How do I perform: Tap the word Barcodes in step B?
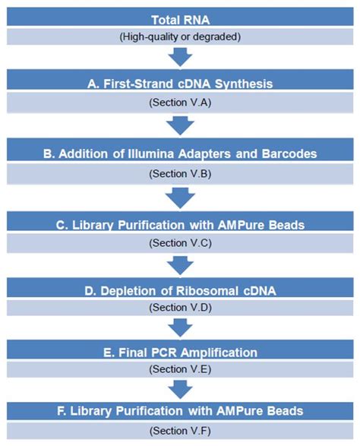287,153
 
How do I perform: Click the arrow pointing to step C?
180,196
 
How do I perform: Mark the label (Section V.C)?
180,244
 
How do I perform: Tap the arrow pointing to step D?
180,266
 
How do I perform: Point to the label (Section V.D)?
180,308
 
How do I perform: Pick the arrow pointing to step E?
180,327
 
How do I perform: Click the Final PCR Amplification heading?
180,352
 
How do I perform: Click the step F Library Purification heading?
180,410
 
